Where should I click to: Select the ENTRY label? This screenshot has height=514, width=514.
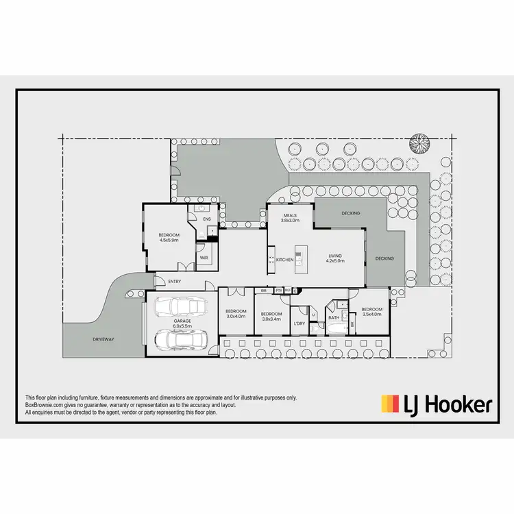pos(175,282)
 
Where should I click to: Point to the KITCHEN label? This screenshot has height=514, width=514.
pos(285,260)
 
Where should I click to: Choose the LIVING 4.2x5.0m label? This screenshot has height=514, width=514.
pos(334,258)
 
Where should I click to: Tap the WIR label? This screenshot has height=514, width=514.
pos(204,258)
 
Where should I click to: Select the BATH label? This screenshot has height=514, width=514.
pos(334,318)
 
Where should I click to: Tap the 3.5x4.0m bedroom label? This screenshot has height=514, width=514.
pos(372,313)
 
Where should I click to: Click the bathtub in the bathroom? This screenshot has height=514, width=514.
pos(334,329)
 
